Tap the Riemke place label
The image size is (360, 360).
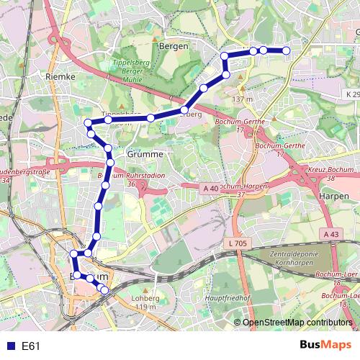pos(60,76)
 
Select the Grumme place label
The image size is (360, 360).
pos(126,154)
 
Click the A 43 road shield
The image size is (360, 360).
pos(331,234)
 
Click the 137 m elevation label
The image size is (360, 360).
pos(244,99)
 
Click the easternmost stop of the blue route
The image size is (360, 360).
pos(286,50)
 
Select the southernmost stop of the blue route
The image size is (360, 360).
pos(105,290)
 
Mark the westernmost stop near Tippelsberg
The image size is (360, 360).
pos(88,122)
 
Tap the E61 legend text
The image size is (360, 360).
pos(30,346)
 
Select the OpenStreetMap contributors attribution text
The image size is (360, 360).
pos(297,323)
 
